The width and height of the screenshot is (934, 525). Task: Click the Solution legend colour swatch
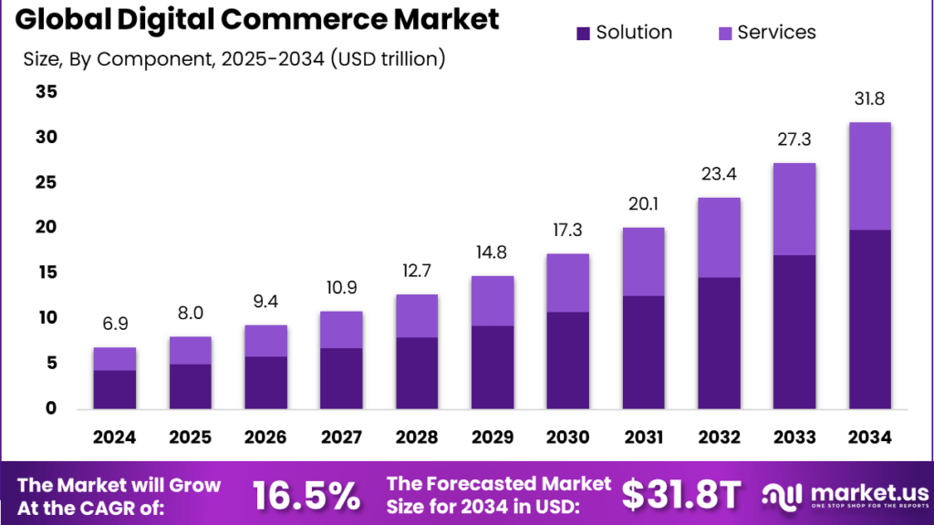pyautogui.click(x=584, y=34)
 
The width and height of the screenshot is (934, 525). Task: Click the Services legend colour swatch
pyautogui.click(x=725, y=34)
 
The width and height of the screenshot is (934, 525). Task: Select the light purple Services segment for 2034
pyautogui.click(x=869, y=176)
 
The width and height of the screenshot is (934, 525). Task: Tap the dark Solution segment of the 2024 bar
pyautogui.click(x=115, y=389)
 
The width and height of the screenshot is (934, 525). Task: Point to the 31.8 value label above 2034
pyautogui.click(x=869, y=98)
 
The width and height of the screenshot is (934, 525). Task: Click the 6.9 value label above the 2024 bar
pyautogui.click(x=115, y=324)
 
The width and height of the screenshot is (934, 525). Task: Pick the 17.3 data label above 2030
pyautogui.click(x=567, y=231)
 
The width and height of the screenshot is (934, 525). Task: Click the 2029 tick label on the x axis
pyautogui.click(x=493, y=437)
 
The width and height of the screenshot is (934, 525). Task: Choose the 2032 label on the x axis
pyautogui.click(x=719, y=437)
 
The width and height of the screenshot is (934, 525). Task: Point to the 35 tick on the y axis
pyautogui.click(x=46, y=92)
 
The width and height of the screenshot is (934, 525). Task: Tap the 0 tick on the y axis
pyautogui.click(x=52, y=408)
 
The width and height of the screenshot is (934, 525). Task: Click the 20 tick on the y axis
pyautogui.click(x=46, y=228)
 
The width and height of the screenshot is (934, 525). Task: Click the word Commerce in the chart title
pyautogui.click(x=337, y=19)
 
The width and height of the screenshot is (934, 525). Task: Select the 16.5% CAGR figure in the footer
pyautogui.click(x=306, y=495)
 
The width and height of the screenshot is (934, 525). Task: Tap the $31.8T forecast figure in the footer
pyautogui.click(x=680, y=495)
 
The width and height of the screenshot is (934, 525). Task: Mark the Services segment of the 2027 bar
pyautogui.click(x=341, y=329)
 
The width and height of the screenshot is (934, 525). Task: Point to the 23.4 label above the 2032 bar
pyautogui.click(x=719, y=175)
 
